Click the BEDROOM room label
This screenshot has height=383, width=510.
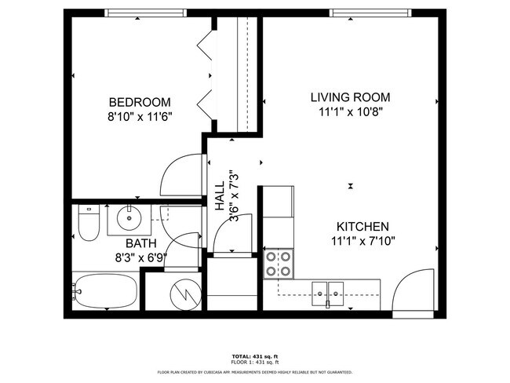(140, 102)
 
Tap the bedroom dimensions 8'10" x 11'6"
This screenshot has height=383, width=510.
(140, 115)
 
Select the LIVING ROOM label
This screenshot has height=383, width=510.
(350, 97)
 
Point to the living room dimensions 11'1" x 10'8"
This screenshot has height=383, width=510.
(350, 111)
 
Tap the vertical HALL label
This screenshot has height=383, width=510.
(220, 195)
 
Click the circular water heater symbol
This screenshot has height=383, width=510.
(185, 294)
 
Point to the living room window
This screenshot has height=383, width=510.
(370, 13)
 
